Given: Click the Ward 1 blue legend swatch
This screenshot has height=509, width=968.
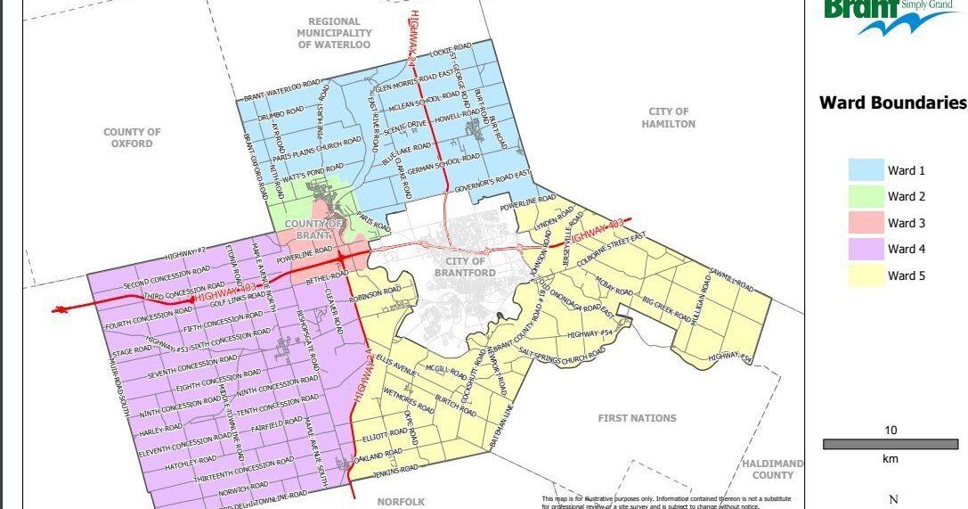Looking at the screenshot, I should [x=864, y=170].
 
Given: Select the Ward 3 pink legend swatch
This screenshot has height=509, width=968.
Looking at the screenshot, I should [x=864, y=223].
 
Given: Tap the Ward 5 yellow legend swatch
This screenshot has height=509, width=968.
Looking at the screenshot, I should [x=864, y=275].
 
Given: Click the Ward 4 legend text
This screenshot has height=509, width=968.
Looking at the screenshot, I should [x=907, y=250].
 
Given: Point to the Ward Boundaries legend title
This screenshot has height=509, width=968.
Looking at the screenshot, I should [x=892, y=103].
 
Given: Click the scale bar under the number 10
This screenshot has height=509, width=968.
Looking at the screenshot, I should [x=890, y=444].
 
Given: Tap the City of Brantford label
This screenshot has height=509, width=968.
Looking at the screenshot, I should [x=460, y=267].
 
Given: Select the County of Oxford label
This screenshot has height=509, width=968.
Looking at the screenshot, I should [x=132, y=137].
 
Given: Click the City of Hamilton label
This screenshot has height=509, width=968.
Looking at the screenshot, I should [x=668, y=118].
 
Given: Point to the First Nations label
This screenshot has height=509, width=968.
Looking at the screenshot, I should [x=637, y=418].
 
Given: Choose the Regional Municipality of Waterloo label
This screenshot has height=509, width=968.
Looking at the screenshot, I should [x=334, y=33].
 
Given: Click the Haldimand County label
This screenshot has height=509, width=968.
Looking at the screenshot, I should [x=772, y=469].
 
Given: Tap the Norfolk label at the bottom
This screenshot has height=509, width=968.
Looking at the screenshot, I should [x=401, y=502].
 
